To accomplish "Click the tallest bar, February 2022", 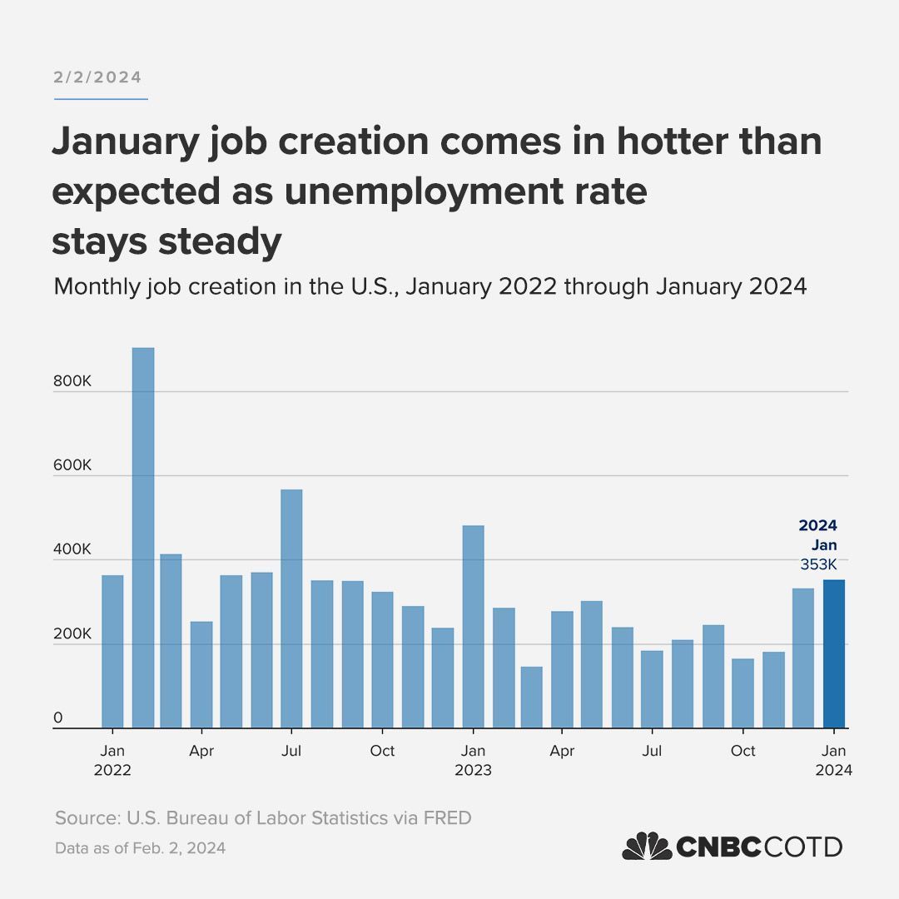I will point(143,538).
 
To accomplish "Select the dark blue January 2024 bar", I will point(834,653).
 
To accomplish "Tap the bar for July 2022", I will point(291,608).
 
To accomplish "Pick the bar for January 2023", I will point(473,627).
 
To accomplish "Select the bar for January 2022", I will point(112,652).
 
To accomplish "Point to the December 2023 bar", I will point(803,658).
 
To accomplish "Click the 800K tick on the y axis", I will point(72,381).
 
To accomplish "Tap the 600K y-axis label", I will point(72,465).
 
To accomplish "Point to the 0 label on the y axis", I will point(58,718).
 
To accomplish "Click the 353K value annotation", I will point(818,565).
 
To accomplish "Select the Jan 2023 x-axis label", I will point(473,760).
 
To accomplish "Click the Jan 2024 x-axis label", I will point(834,760).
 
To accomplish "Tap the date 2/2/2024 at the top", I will point(98,77).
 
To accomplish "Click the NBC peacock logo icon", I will point(647,847).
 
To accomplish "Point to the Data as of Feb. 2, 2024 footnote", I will point(140,849).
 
